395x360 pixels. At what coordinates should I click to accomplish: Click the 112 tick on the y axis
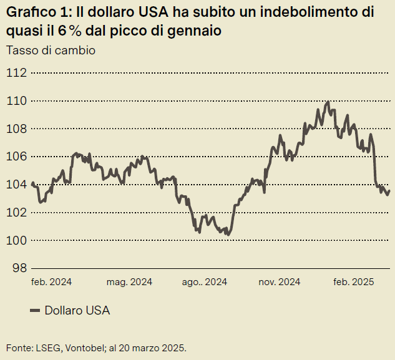click(x=16, y=73)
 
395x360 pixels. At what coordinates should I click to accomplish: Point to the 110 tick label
click(x=16, y=101)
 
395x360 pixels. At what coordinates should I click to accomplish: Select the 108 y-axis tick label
click(x=16, y=129)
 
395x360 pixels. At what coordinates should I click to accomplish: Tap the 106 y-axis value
click(x=16, y=157)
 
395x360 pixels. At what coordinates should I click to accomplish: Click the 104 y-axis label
click(x=16, y=185)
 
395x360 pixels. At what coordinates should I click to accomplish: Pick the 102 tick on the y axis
click(x=16, y=213)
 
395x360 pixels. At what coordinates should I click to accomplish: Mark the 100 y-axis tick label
click(x=16, y=241)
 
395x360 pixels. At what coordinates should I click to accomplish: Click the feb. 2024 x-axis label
click(x=51, y=282)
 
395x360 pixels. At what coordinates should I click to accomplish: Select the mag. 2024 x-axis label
click(x=129, y=282)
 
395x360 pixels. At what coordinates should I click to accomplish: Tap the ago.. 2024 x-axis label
click(x=205, y=282)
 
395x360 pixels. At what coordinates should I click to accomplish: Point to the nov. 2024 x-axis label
click(x=280, y=282)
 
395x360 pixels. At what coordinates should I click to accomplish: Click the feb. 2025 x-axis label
click(x=354, y=282)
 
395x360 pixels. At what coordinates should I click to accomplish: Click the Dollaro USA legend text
click(x=77, y=311)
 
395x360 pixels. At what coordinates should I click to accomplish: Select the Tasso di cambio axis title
click(x=51, y=51)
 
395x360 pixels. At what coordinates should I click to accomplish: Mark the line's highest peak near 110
click(x=328, y=102)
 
